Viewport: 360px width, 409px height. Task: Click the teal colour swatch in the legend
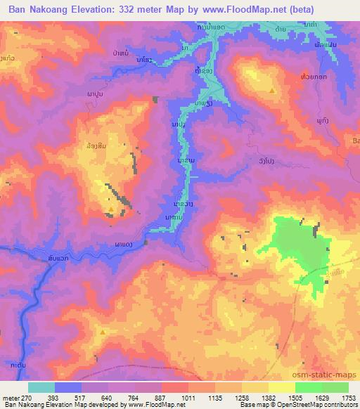tap(41, 387)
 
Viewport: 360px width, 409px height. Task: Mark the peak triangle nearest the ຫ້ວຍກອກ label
tap(272, 91)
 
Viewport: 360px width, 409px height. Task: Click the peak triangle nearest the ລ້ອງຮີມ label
tap(111, 209)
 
